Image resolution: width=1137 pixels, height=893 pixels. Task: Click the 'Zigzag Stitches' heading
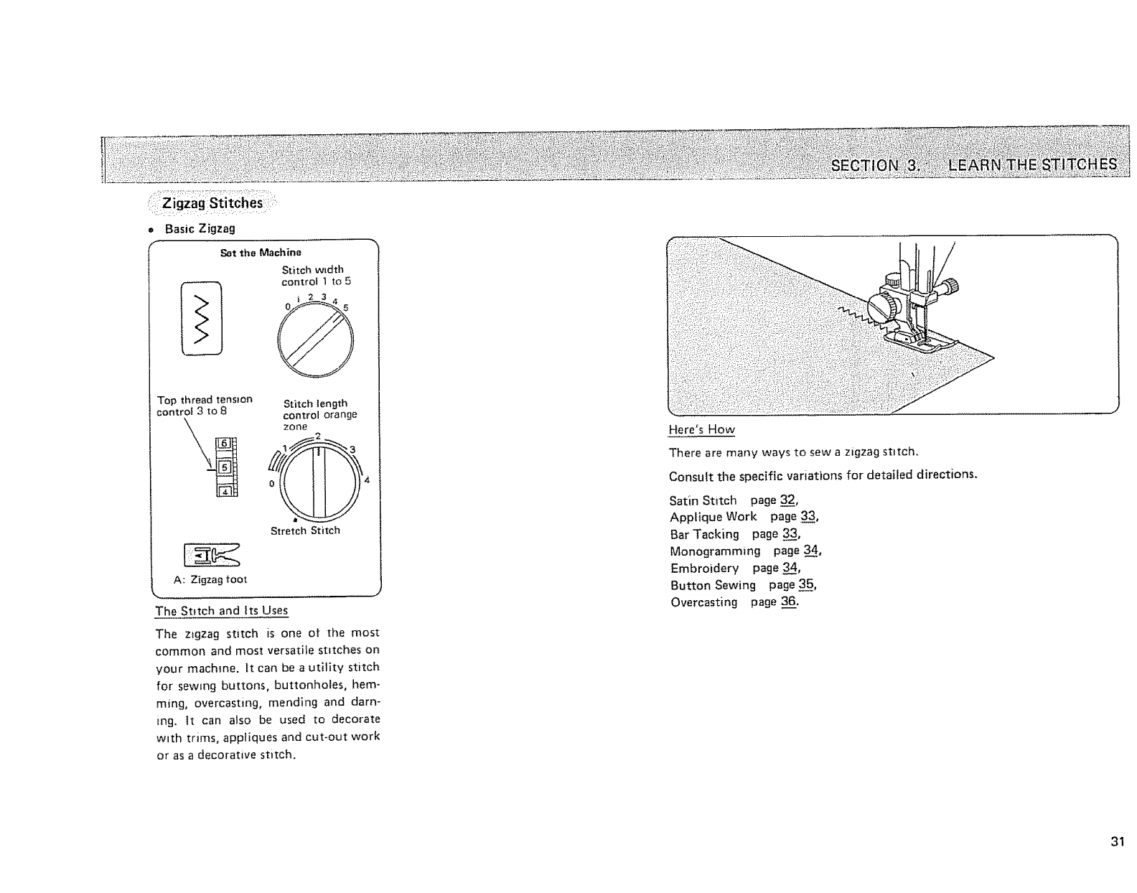212,203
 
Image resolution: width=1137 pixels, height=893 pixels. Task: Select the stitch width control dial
315,340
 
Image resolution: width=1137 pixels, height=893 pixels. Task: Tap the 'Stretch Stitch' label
305,531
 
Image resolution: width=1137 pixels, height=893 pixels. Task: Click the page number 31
1115,842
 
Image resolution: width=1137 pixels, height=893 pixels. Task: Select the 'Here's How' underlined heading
701,430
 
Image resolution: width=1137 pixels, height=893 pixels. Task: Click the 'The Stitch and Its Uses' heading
221,611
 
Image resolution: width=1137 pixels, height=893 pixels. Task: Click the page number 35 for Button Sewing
806,585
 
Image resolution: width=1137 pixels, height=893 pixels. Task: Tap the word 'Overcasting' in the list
703,602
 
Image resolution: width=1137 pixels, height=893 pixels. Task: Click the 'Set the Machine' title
261,253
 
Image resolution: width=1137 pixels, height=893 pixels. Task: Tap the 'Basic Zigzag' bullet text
200,229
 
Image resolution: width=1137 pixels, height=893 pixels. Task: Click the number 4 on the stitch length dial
367,480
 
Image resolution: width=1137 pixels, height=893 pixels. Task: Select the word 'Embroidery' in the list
703,569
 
